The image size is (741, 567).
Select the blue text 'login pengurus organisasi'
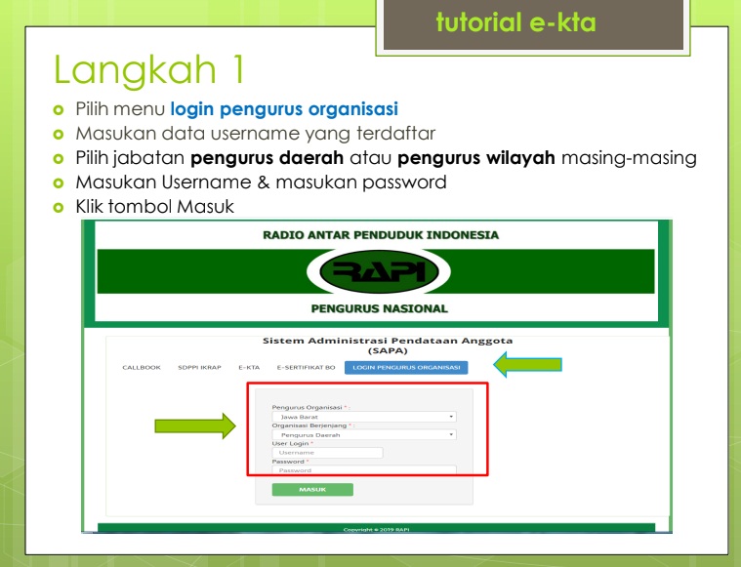tap(284, 109)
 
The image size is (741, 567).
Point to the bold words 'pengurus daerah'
tap(253, 158)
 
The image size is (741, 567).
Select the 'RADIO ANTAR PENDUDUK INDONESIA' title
tap(381, 235)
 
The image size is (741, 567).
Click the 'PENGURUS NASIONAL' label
tap(379, 308)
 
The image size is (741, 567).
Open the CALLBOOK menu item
tap(141, 368)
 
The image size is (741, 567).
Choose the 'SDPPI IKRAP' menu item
tap(199, 368)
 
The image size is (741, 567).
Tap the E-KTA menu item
tap(249, 368)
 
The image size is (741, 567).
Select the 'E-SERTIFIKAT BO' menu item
tap(306, 368)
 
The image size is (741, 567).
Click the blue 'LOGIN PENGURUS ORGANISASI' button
tap(405, 368)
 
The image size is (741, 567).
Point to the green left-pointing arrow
tap(527, 366)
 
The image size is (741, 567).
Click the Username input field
tap(327, 453)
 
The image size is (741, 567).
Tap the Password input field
tap(364, 470)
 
